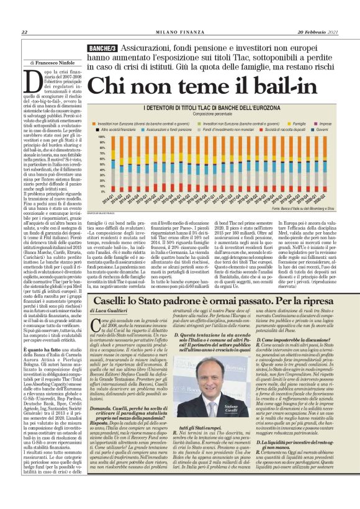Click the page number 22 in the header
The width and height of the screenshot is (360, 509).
24,32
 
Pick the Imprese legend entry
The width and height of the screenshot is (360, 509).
326,123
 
